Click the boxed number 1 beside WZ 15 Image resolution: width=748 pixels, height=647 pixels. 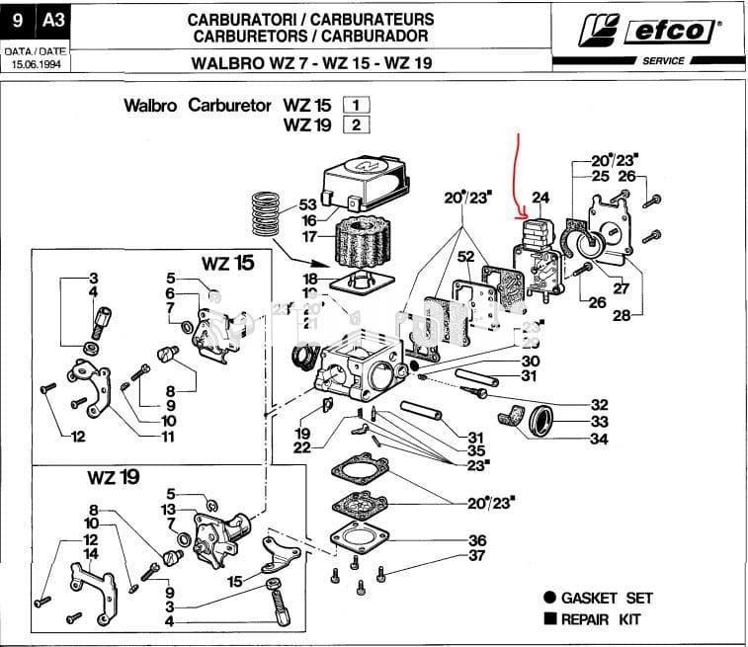[x=355, y=105]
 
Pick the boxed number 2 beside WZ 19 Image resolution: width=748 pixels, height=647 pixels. [x=355, y=124]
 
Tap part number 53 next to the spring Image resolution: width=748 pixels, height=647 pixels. [x=308, y=205]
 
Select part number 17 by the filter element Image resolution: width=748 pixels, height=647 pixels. [x=308, y=237]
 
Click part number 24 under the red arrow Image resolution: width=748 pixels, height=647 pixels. [x=540, y=199]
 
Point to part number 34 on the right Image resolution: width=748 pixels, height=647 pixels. [x=598, y=440]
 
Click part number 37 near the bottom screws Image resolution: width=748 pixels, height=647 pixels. [x=476, y=556]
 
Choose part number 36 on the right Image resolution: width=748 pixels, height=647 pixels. [x=476, y=540]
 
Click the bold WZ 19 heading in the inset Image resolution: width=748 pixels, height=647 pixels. [x=113, y=477]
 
